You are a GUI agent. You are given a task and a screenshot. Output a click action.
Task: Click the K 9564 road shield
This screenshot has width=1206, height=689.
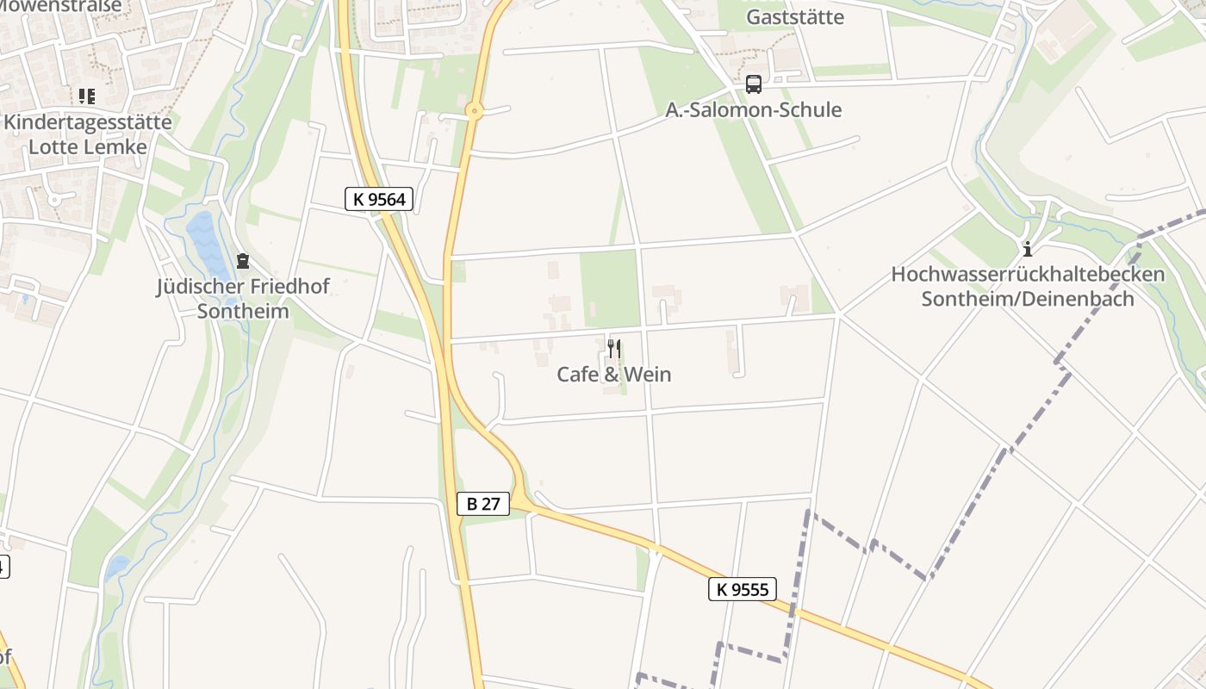(x=380, y=200)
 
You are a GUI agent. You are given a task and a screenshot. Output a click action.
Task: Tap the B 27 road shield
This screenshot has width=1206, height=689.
(x=482, y=504)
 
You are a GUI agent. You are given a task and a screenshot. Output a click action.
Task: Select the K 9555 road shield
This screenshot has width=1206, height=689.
(x=742, y=589)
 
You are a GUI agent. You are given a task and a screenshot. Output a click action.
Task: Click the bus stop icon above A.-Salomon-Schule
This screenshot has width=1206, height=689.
(x=753, y=84)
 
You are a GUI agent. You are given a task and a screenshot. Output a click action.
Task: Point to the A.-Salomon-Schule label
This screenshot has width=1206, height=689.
(x=753, y=110)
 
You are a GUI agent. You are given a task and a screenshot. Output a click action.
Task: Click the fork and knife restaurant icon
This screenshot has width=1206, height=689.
(x=613, y=349)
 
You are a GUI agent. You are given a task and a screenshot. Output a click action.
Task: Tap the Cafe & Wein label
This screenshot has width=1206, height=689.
(x=613, y=375)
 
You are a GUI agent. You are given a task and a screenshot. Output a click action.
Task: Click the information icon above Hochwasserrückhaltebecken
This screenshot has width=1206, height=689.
(x=1027, y=250)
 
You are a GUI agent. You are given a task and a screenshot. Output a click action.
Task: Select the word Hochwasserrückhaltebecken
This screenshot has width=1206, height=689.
(x=1028, y=275)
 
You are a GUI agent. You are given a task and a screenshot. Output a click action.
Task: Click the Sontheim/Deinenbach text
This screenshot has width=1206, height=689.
(x=1028, y=300)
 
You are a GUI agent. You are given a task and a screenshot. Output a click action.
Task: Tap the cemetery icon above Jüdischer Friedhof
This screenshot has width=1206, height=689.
(x=243, y=260)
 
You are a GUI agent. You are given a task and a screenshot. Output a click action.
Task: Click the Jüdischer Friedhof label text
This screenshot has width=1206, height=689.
(x=243, y=286)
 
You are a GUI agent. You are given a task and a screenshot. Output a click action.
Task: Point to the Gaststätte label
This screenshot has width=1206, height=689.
(x=794, y=17)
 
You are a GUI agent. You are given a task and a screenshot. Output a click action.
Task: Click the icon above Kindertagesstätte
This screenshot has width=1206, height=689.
(x=86, y=96)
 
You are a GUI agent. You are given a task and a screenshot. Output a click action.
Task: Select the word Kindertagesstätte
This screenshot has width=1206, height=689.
(x=88, y=121)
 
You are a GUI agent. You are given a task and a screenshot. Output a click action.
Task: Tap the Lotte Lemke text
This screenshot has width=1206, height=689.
(x=88, y=146)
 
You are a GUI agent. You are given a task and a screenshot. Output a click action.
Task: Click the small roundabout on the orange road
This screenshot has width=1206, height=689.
(x=474, y=110)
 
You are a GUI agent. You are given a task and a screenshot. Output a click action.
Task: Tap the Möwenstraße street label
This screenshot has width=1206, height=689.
(x=60, y=5)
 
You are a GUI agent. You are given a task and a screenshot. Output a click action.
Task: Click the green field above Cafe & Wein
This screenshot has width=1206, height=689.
(x=610, y=289)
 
